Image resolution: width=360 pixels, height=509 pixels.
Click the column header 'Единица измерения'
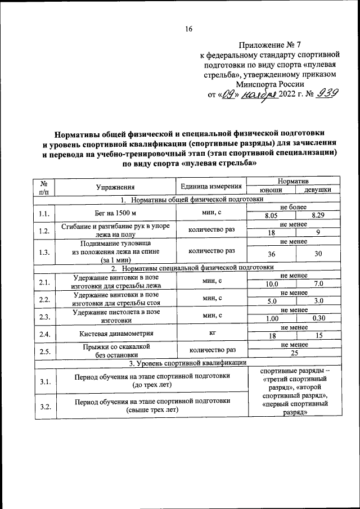[x=211, y=186]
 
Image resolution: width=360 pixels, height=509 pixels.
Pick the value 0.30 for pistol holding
[x=318, y=318]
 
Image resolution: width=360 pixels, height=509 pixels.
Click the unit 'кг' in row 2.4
[x=212, y=333]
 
